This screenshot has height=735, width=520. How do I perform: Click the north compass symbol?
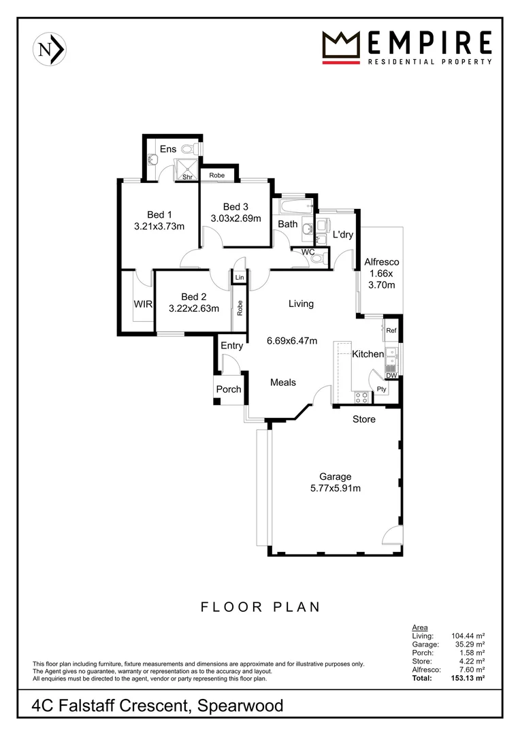(48, 49)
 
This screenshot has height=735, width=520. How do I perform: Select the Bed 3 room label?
(235, 207)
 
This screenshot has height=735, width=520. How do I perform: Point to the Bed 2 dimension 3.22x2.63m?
(194, 308)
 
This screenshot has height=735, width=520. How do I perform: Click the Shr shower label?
(187, 177)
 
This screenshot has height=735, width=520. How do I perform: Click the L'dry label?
(342, 235)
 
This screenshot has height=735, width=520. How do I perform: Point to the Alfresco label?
(381, 261)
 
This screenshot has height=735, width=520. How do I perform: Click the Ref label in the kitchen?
(391, 331)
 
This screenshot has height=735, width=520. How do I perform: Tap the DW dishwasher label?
(391, 376)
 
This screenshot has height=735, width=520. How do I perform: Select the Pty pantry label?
(382, 389)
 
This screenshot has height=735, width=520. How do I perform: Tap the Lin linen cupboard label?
(239, 278)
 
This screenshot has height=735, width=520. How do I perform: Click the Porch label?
(229, 389)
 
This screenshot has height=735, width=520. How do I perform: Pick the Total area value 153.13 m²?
(470, 679)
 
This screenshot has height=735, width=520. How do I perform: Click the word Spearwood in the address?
(240, 706)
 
